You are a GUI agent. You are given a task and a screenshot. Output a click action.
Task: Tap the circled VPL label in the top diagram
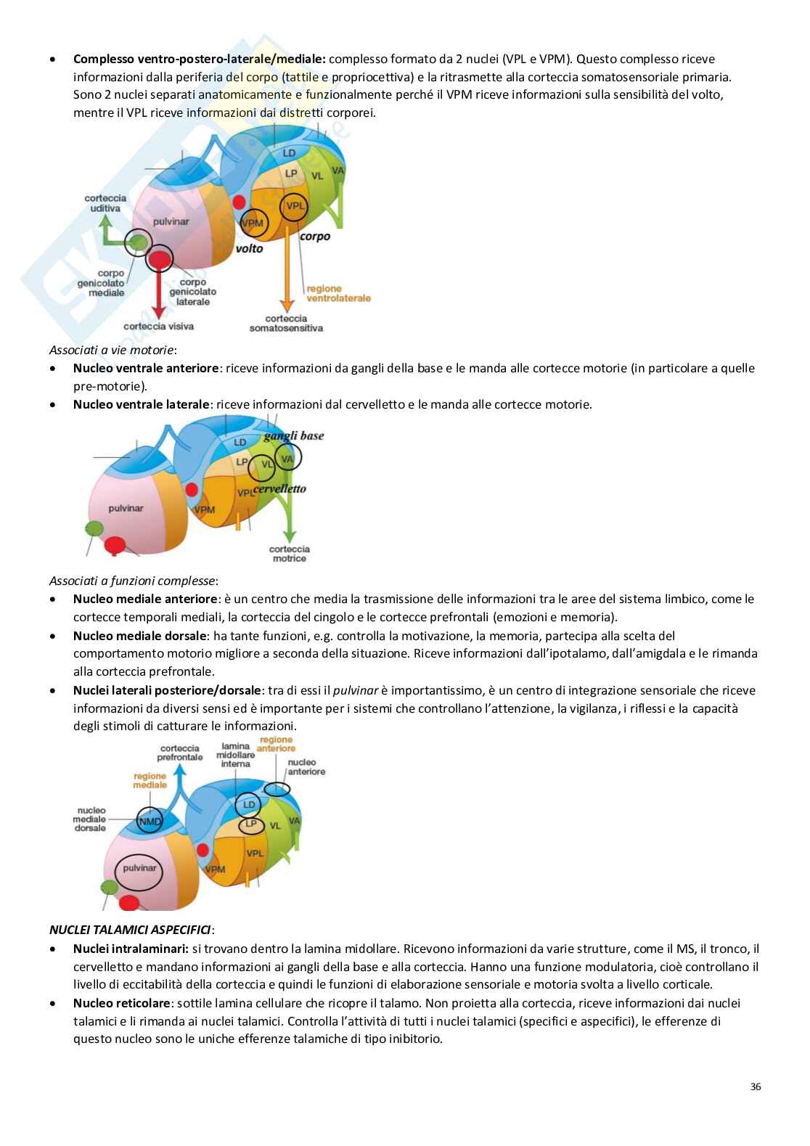pos(295,206)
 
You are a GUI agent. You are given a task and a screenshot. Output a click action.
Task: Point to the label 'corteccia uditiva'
pos(105,203)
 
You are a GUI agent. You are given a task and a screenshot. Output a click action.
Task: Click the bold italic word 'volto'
pos(249,248)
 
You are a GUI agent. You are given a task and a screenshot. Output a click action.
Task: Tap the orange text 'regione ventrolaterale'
pos(338,293)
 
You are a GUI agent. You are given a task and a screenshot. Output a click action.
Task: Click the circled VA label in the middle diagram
pos(287,458)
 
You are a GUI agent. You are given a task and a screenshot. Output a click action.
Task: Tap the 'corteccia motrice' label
pos(290,554)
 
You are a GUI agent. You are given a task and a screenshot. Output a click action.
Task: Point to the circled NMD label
pos(150,821)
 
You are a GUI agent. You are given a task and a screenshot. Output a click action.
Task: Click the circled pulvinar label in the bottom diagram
pos(139,868)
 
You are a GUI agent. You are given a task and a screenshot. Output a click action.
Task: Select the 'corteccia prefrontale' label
pos(180,753)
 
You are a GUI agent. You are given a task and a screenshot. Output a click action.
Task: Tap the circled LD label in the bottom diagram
pos(249,804)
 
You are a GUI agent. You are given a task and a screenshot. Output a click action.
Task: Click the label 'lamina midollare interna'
pos(235,755)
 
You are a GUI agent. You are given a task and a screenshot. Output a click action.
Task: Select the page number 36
pos(756,1087)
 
